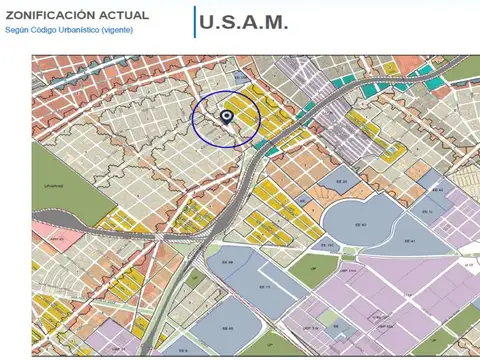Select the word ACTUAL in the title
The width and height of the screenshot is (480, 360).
123,16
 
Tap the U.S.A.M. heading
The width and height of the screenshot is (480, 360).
244,22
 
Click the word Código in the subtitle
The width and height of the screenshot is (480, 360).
46,30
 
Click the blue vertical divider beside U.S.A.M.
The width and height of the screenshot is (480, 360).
194,22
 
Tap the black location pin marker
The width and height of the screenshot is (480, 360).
226,118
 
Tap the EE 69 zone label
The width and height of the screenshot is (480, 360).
227,263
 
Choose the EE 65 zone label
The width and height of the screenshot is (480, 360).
225,329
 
